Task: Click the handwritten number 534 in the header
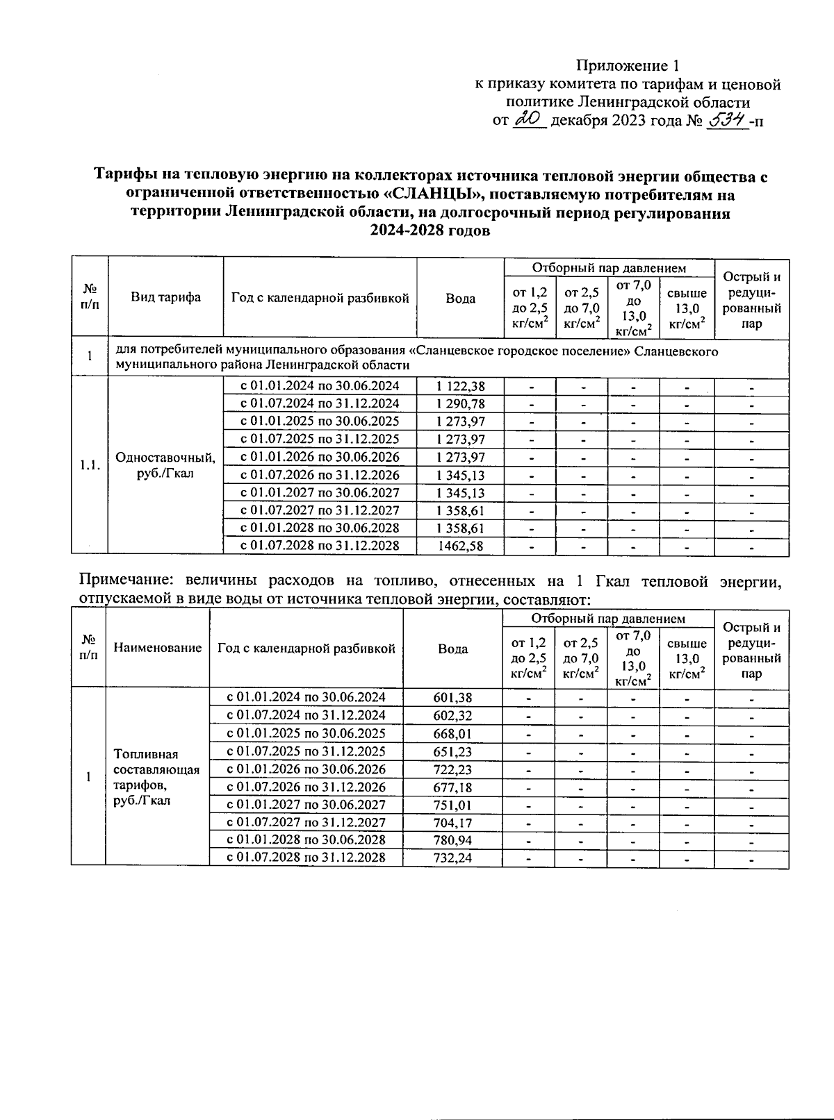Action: click(727, 120)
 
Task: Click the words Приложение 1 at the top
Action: click(627, 66)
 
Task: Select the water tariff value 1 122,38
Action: click(460, 386)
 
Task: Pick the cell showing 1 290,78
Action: click(460, 404)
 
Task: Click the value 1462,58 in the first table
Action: click(460, 546)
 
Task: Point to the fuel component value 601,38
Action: click(452, 697)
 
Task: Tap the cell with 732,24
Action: click(452, 858)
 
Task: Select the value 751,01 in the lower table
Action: click(452, 805)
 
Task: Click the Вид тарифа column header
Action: click(165, 297)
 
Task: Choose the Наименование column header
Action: click(157, 648)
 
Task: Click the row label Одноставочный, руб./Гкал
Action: click(165, 466)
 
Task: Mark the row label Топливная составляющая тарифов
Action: click(156, 777)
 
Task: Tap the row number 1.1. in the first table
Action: click(89, 466)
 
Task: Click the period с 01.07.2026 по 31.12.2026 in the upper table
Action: click(320, 475)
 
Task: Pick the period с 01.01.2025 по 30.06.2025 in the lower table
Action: click(306, 733)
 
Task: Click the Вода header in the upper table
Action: click(460, 298)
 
